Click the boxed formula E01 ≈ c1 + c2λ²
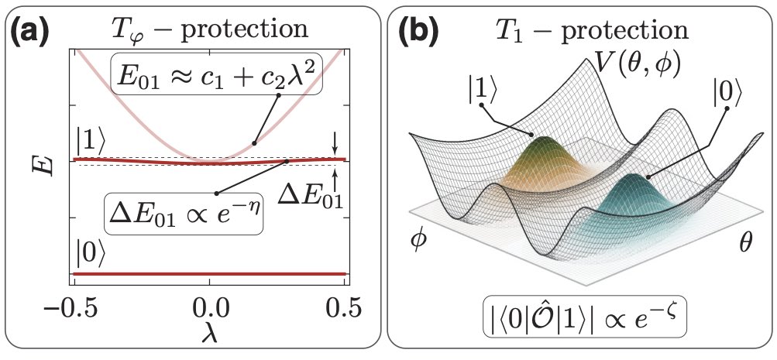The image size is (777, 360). click(215, 74)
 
